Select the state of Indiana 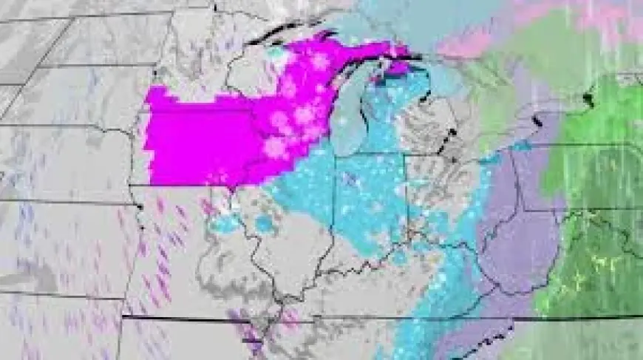point(370,200)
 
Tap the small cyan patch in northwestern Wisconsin point(276,52)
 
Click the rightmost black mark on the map point(589,96)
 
